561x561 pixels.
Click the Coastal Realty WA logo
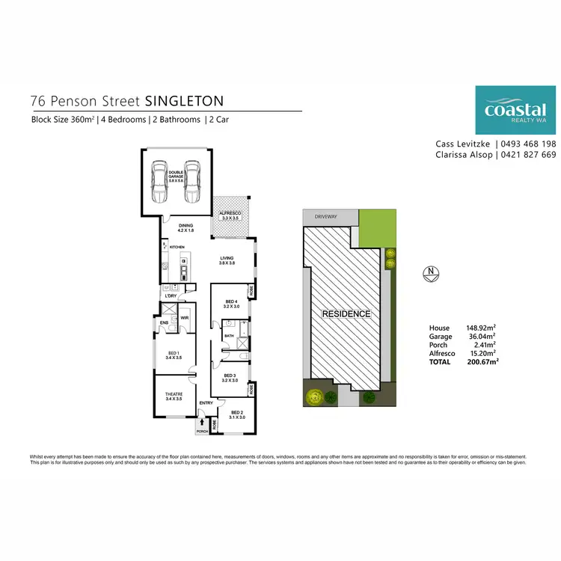pos(515,111)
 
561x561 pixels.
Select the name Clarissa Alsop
pos(462,155)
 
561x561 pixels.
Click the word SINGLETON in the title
pos(183,100)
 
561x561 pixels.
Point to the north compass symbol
pos(429,273)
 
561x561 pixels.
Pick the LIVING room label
pos(227,260)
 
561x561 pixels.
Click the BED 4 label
pos(231,304)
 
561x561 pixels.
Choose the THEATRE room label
pos(175,397)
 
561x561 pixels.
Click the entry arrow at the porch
pos(202,423)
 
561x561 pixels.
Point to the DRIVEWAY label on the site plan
pos(326,217)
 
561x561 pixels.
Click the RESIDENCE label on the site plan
pos(346,314)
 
